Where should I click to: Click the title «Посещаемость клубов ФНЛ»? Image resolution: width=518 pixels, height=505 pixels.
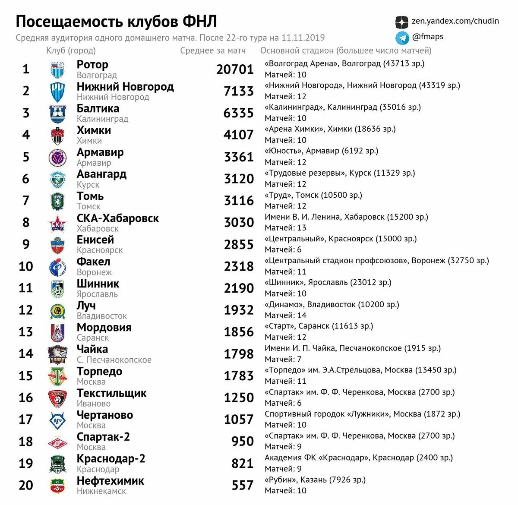pos(116,22)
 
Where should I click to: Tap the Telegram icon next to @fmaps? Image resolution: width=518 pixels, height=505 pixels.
pos(402,38)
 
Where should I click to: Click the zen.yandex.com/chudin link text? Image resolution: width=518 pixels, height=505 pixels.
pos(455,21)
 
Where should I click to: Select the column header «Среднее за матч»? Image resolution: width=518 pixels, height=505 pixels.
pos(213,50)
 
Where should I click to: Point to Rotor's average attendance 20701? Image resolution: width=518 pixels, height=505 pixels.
pos(235,69)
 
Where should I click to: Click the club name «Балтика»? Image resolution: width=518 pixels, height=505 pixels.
pos(98,109)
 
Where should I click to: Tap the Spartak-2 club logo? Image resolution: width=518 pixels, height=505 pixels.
pos(57,442)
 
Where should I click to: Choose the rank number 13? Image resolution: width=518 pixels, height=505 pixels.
pos(25,332)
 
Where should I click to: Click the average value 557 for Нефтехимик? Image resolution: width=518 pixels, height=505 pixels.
pos(242,486)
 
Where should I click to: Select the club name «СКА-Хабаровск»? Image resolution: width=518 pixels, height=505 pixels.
pos(118,218)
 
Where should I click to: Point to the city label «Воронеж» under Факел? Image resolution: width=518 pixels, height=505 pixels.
pos(94,272)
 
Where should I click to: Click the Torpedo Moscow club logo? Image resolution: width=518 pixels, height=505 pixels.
pos(57,376)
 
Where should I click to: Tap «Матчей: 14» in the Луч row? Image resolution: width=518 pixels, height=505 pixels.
pos(285,316)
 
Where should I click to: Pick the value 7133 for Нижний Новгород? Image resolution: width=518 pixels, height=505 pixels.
pos(238,91)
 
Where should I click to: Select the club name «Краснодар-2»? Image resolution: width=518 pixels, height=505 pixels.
pos(111,459)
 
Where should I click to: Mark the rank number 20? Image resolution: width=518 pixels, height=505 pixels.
pos(25,485)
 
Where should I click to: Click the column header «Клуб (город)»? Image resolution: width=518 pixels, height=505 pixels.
pos(71,50)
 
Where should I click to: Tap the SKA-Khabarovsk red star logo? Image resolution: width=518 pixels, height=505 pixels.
pos(57,223)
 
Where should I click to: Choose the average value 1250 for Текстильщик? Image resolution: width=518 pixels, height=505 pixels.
pos(238,398)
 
